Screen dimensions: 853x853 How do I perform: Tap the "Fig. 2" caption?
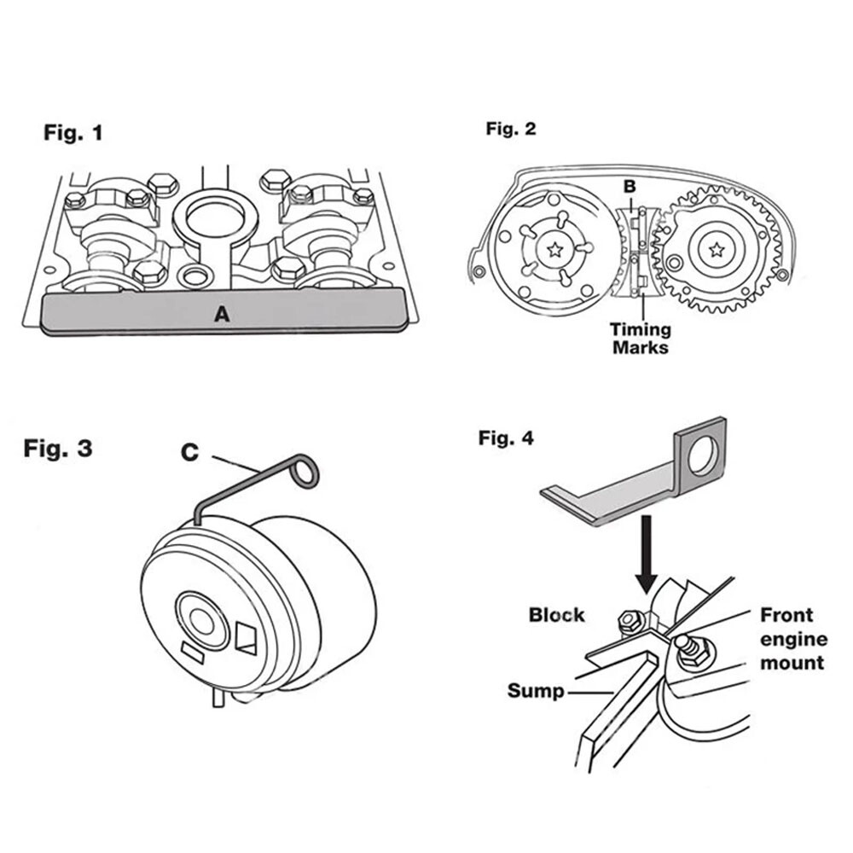[x=511, y=129]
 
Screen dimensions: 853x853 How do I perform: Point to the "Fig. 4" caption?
[x=506, y=438]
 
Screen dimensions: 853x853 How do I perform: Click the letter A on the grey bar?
[x=222, y=314]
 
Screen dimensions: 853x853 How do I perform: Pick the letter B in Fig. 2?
[x=630, y=184]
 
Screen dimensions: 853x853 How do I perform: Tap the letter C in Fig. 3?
[x=189, y=453]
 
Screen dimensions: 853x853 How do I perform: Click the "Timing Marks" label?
[x=640, y=338]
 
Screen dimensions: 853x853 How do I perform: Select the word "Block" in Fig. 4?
[x=557, y=614]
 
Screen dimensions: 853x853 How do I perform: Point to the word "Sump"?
[x=536, y=690]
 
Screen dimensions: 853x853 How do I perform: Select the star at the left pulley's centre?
[x=555, y=250]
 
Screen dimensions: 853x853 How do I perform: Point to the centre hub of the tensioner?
[x=201, y=620]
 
